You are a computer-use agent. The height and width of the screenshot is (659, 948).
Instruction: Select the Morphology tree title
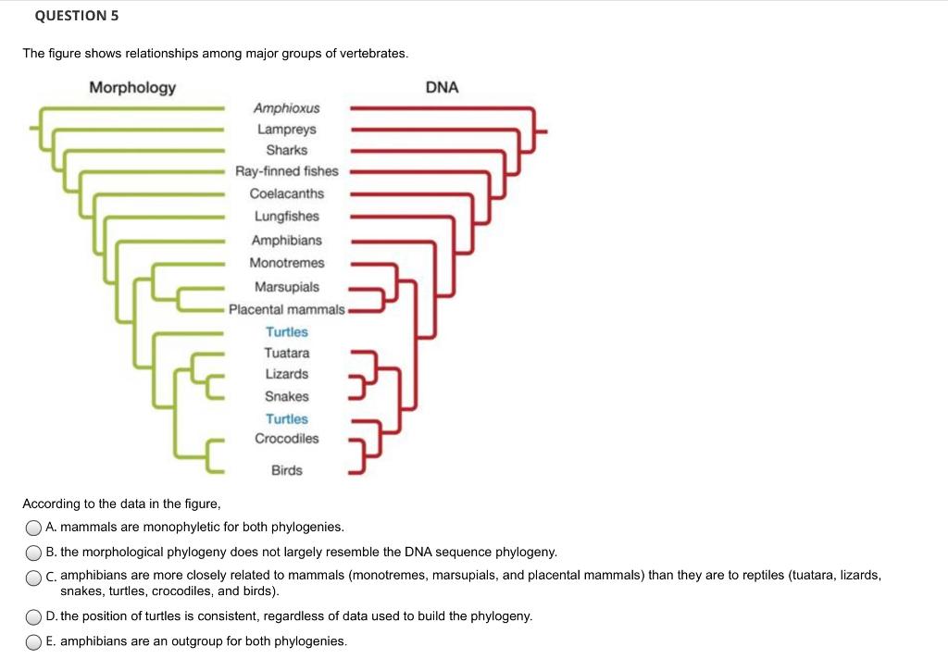pos(132,87)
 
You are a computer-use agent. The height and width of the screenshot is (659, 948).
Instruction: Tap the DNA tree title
pos(442,87)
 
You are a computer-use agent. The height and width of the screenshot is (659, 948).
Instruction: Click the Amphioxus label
pos(286,108)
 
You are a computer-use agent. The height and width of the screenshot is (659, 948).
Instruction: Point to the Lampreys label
pos(286,130)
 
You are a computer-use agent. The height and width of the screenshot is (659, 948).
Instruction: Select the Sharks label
pos(286,150)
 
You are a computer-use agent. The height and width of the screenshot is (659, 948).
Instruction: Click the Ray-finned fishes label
pos(286,171)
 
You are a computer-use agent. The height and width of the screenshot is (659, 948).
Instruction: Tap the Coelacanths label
pos(286,193)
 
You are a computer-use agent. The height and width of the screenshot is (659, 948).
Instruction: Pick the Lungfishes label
pos(286,217)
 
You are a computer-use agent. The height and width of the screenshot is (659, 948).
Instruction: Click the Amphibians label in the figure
pos(286,240)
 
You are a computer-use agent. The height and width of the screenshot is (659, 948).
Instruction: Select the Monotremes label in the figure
pos(286,263)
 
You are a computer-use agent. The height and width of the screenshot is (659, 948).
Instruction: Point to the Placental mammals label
pos(286,309)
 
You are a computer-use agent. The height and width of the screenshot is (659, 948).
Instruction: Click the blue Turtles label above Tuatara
pos(286,331)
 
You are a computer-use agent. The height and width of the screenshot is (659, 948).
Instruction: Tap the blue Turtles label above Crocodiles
pos(286,418)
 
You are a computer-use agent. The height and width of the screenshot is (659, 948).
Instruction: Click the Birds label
pos(286,470)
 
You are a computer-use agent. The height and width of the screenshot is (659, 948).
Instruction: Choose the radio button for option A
pos(33,528)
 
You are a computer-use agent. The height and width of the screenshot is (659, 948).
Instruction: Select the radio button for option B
pos(33,553)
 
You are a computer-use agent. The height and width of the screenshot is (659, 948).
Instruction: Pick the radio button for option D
pos(33,616)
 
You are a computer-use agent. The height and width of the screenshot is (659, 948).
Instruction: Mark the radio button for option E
pos(33,641)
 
